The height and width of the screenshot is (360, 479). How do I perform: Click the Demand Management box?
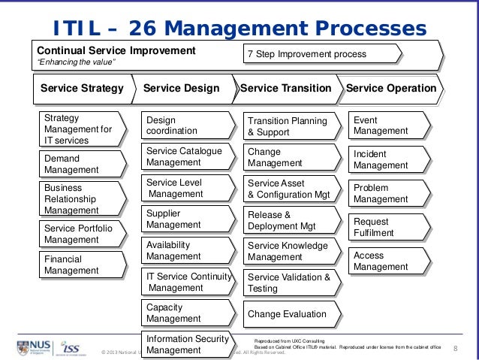coord(82,164)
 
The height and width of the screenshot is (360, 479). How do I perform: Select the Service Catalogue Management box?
coord(185,156)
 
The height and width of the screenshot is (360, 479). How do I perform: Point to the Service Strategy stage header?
coord(82,89)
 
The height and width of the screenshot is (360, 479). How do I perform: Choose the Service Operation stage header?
coord(391,89)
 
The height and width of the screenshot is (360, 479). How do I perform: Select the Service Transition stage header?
coord(285,89)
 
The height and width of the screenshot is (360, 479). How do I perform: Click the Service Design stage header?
coord(182,89)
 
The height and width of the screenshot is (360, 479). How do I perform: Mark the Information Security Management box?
coord(185,344)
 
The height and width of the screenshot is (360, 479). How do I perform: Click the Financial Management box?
coord(82,264)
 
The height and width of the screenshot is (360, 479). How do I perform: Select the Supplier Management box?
coord(185,219)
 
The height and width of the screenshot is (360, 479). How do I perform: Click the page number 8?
coord(456,348)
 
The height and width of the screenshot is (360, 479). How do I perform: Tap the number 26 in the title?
coord(144,29)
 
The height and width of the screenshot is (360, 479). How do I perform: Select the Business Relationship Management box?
coord(82,199)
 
